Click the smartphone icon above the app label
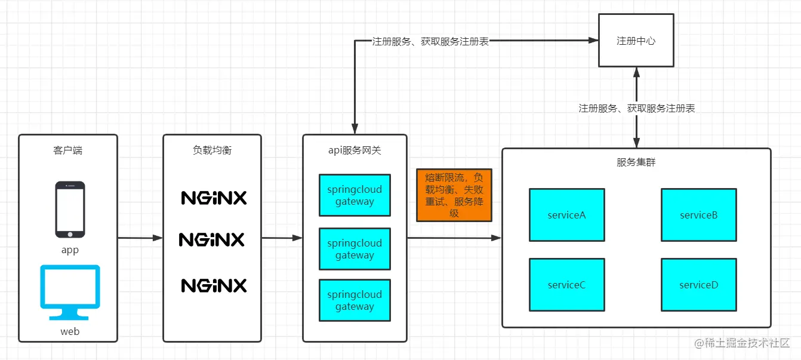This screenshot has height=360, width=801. pos(70,209)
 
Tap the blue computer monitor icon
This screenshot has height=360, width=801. pos(70,292)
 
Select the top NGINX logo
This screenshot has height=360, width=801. pos(214,198)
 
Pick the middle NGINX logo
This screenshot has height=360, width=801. pos(212,239)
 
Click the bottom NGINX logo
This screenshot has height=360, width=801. pos(214,285)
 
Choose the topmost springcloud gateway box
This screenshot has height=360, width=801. pos(355,195)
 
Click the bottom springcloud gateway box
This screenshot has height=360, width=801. pos(355,300)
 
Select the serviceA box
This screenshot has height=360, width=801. pos(566,215)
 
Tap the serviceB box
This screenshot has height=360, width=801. pos(698,215)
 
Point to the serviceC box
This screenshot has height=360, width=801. pos(566,285)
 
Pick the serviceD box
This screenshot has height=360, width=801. pos(698,285)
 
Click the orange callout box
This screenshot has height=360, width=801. pos(454,195)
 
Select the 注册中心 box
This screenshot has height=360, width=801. pos(636,41)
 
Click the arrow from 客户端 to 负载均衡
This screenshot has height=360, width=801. pos(140,238)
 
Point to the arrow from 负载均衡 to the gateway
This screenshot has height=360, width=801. pos(282,238)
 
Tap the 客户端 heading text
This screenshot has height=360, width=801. pos(67,150)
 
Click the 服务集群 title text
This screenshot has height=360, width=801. pos(636,162)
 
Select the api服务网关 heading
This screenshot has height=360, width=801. pos(355,150)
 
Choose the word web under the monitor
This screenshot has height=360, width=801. pos(70,331)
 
